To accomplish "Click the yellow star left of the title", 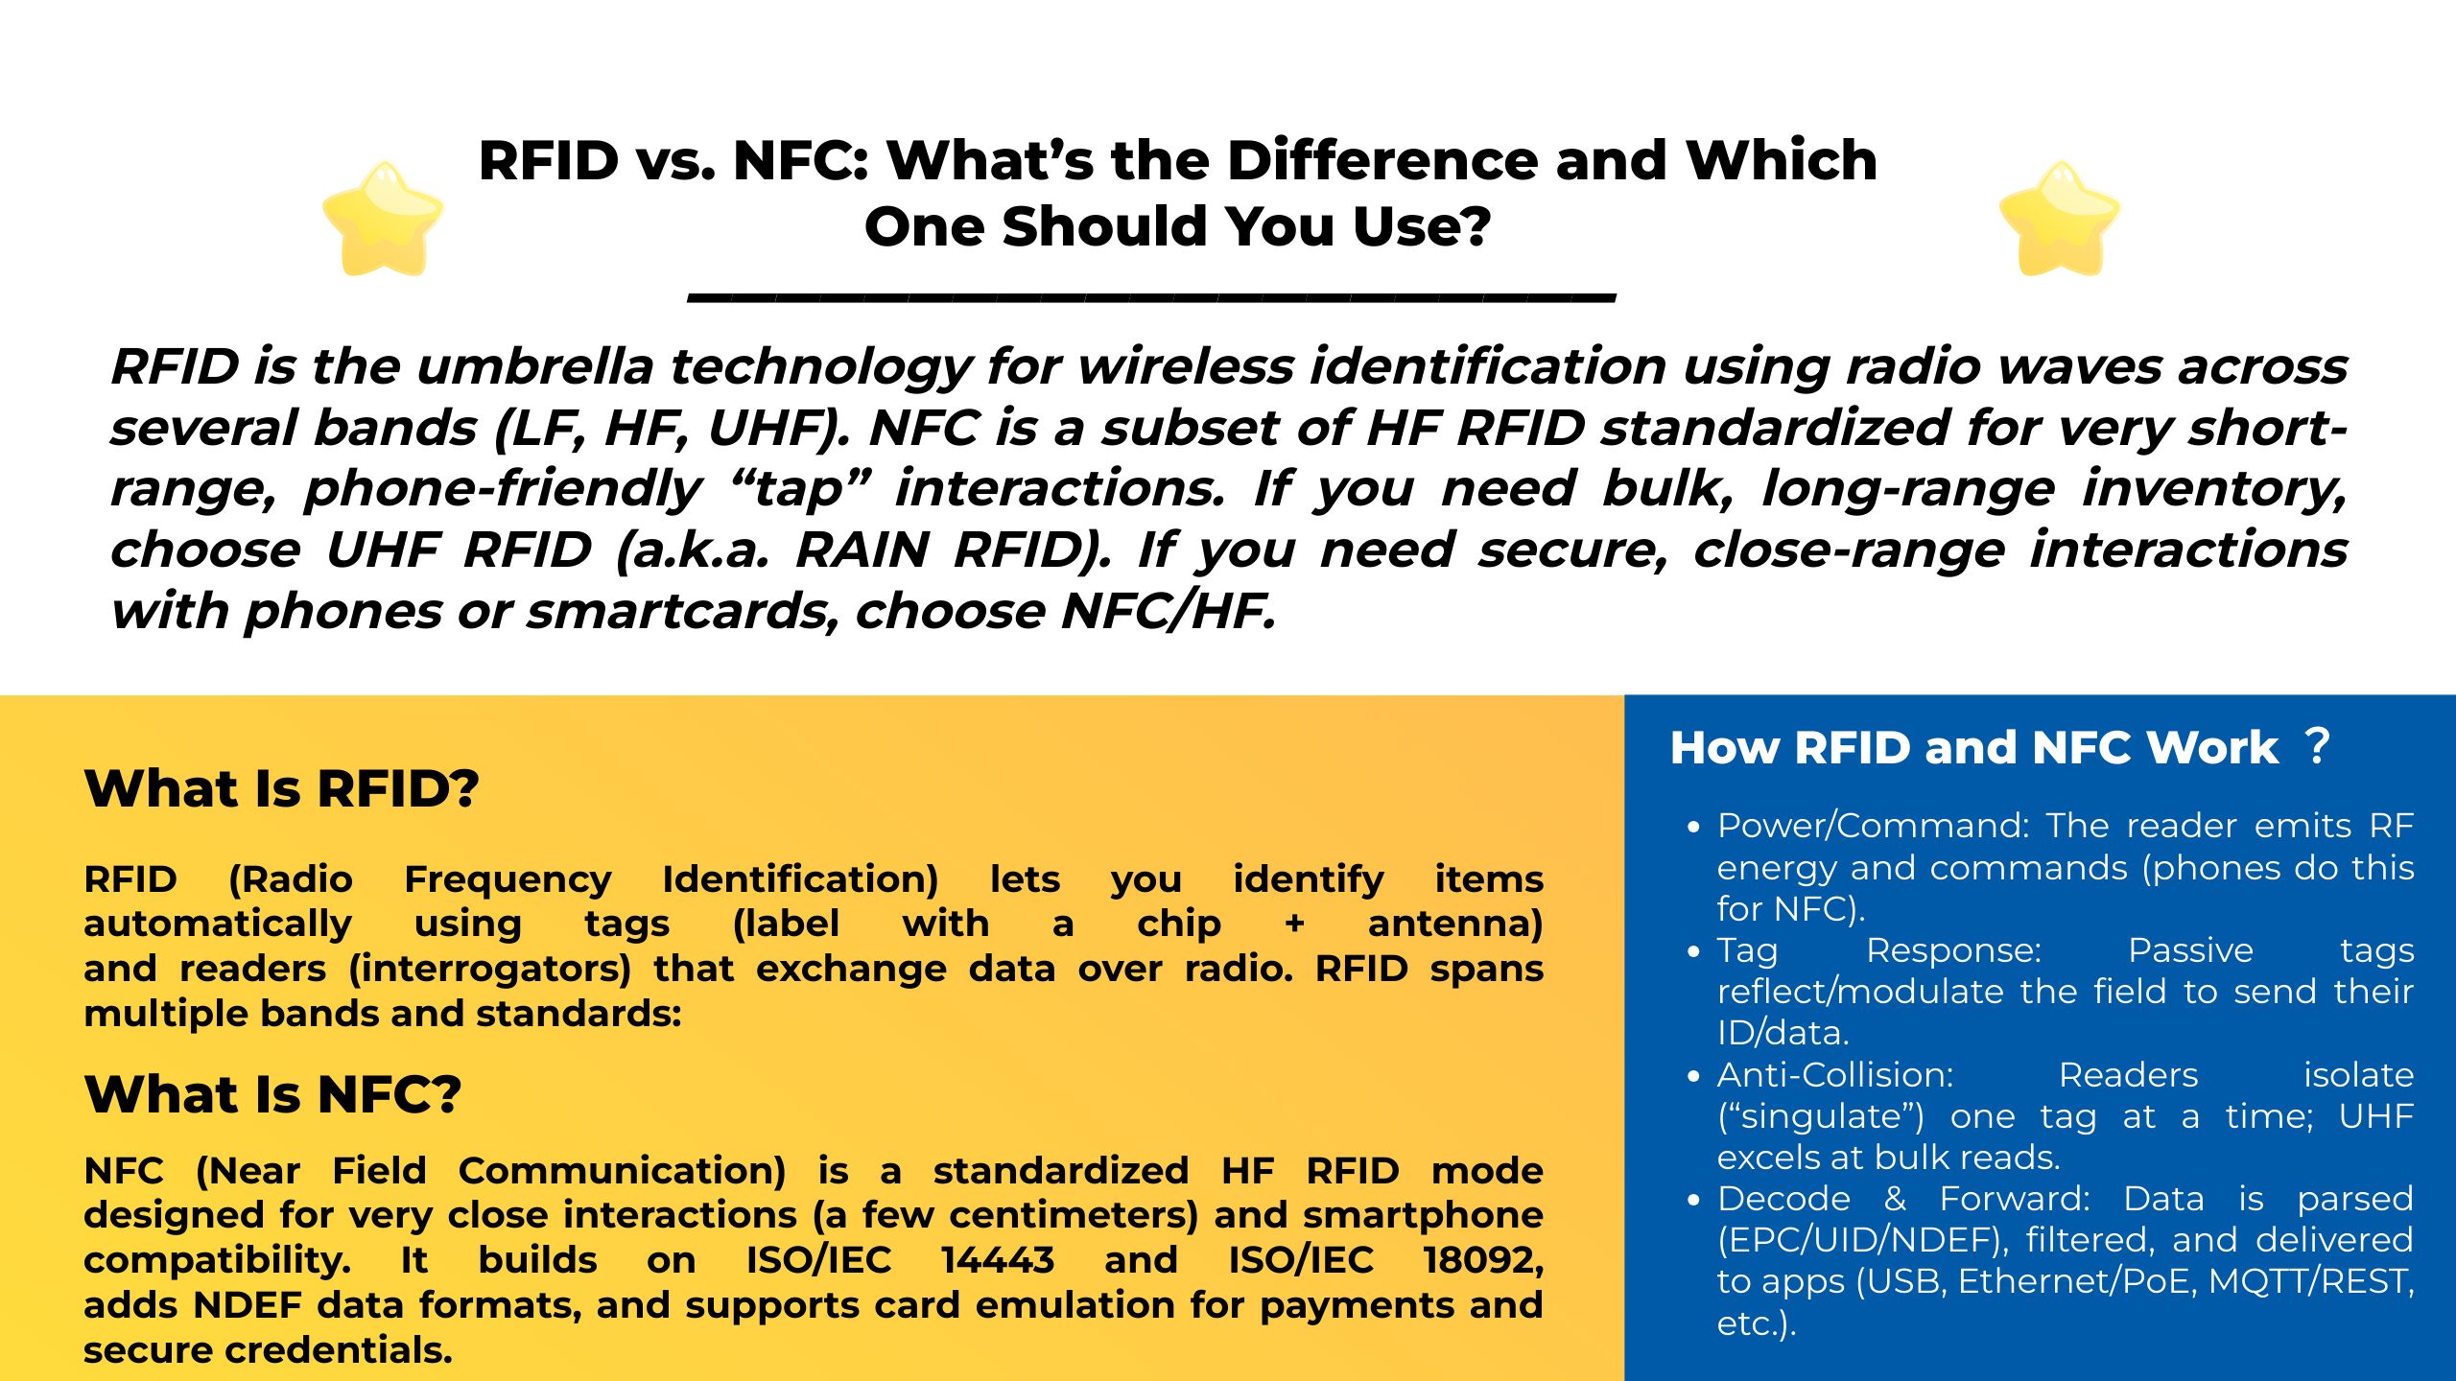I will pyautogui.click(x=383, y=220).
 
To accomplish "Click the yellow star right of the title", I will pyautogui.click(x=2059, y=220).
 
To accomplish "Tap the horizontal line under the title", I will pyautogui.click(x=1151, y=297).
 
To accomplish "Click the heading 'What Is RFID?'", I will pyautogui.click(x=281, y=789).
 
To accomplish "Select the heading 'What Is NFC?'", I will pyautogui.click(x=272, y=1094).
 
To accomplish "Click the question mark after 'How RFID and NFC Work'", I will pyautogui.click(x=2317, y=746).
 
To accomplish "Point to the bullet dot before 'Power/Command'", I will pyautogui.click(x=1693, y=827).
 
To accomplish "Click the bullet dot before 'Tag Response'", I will pyautogui.click(x=1693, y=951).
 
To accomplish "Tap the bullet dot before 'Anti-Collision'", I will pyautogui.click(x=1693, y=1076).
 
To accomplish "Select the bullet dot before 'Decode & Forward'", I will pyautogui.click(x=1693, y=1200).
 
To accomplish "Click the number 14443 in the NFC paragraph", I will pyautogui.click(x=997, y=1260).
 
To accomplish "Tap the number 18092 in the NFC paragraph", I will pyautogui.click(x=1482, y=1260).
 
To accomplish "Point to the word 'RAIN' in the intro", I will pyautogui.click(x=862, y=550).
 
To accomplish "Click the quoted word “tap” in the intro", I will pyautogui.click(x=798, y=489).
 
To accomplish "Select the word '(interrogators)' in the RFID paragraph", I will pyautogui.click(x=489, y=969).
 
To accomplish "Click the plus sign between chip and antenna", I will pyautogui.click(x=1294, y=925).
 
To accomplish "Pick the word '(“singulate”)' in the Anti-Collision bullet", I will pyautogui.click(x=1820, y=1117).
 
